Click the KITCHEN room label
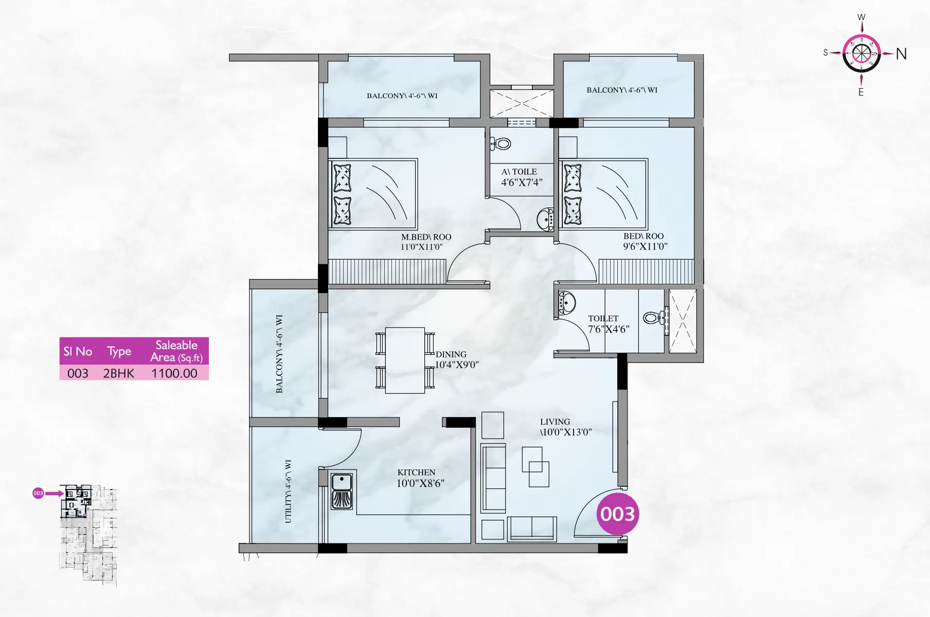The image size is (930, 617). pos(416,473)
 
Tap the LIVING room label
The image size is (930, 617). pos(555,422)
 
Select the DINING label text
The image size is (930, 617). pos(451,354)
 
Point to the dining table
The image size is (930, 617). pos(405,360)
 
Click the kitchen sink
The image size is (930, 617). pos(342,492)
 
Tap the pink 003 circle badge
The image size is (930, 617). pos(618,514)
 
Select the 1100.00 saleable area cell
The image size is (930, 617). pos(174,373)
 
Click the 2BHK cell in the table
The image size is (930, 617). pos(119,373)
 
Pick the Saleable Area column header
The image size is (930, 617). pos(176,351)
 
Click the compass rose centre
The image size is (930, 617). pos(862,53)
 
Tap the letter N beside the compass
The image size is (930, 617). pos(901,54)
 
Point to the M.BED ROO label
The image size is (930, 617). pos(426,237)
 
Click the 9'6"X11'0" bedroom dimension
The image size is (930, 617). pos(645,246)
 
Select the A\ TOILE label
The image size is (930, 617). pos(519,172)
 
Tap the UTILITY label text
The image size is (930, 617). pos(288,492)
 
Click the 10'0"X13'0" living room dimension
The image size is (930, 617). pos(566,432)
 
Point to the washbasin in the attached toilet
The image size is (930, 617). pos(545,220)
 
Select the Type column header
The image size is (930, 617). pos(119,352)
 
